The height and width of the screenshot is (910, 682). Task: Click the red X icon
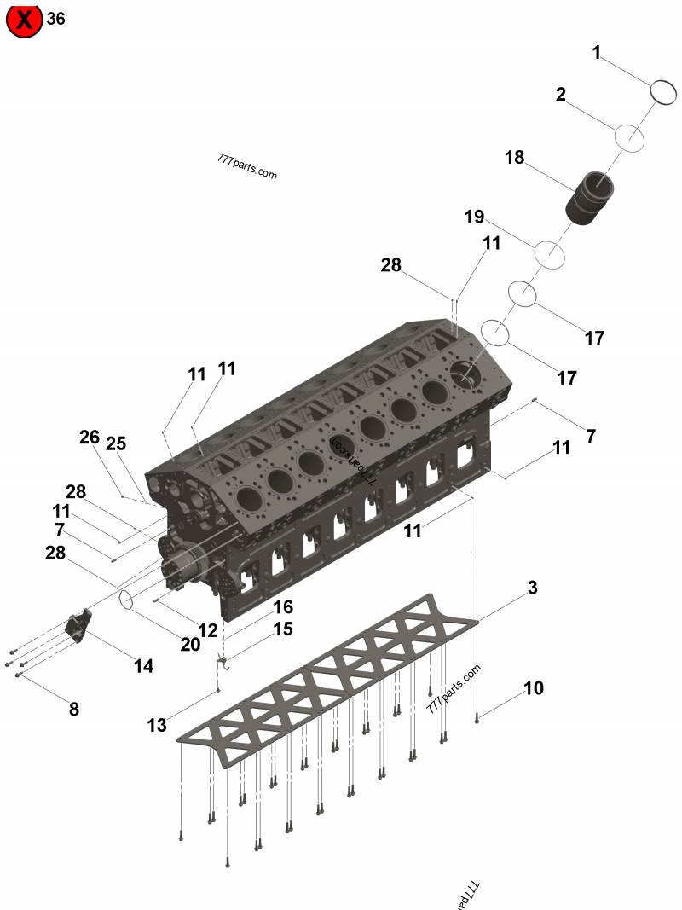click(24, 20)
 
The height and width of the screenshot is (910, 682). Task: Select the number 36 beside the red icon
click(56, 19)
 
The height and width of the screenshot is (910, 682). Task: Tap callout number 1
click(597, 53)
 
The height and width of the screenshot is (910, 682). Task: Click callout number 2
click(560, 95)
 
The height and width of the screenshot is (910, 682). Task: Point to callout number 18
click(514, 158)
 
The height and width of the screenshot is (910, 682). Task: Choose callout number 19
click(474, 217)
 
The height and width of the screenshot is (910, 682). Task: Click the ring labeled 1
click(663, 91)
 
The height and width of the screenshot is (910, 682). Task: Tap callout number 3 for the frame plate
click(533, 588)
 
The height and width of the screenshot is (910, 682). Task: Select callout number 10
click(534, 687)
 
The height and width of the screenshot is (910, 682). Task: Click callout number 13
click(157, 726)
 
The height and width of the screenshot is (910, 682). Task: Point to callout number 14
click(143, 666)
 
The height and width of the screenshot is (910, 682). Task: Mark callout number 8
click(74, 709)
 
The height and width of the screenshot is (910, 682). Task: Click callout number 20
click(190, 645)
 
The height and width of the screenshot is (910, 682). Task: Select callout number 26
click(90, 438)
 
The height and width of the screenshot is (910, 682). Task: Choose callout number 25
click(116, 443)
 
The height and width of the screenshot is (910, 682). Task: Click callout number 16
click(283, 606)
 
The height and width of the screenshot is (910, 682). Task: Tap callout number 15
click(283, 629)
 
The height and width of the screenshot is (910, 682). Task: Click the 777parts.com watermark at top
click(247, 166)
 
